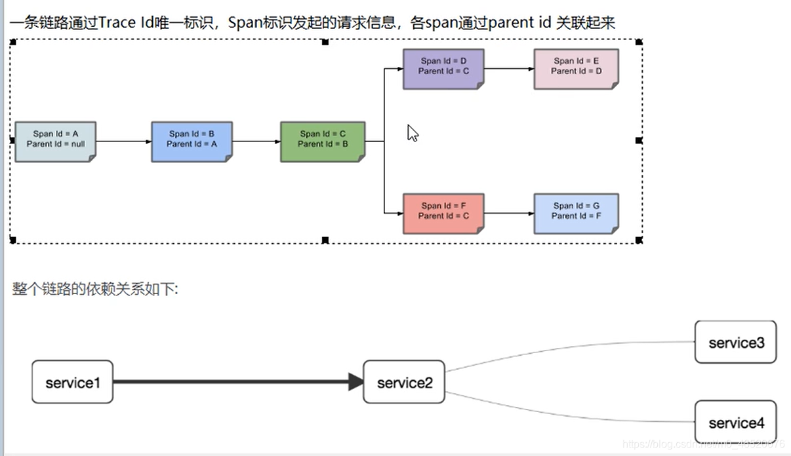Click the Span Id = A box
click(56, 142)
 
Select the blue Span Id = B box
click(192, 142)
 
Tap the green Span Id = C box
click(323, 142)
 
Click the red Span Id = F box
click(443, 214)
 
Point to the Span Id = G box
click(576, 214)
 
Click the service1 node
click(72, 382)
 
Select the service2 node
click(404, 382)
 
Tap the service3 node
click(735, 343)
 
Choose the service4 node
click(735, 423)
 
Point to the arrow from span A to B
click(123, 142)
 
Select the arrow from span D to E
click(508, 68)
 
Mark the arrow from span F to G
click(508, 213)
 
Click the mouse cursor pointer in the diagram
click(412, 132)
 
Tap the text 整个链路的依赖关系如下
click(95, 289)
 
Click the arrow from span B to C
click(256, 142)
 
